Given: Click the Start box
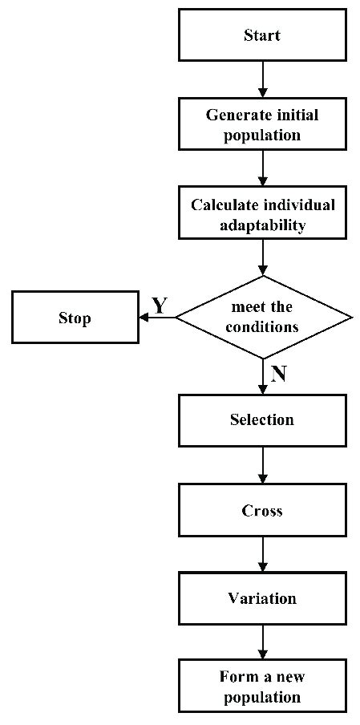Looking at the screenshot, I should [x=262, y=35].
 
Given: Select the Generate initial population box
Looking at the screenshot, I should [x=262, y=125].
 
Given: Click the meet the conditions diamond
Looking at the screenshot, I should [x=262, y=318].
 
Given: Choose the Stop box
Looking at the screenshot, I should [x=75, y=318].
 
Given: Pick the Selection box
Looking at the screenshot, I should [x=262, y=420].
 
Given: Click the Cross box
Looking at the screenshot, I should [x=262, y=510].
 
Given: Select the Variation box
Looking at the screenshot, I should [x=262, y=599].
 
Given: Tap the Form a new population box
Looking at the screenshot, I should [x=262, y=687].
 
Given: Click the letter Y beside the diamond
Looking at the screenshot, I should [x=160, y=305].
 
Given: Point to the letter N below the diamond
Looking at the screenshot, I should [x=278, y=374].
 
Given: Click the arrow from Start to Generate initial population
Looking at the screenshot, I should [x=262, y=79].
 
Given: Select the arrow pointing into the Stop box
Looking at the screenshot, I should [x=156, y=318].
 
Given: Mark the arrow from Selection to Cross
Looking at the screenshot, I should [x=262, y=465].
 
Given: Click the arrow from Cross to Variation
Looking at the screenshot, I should [x=262, y=554].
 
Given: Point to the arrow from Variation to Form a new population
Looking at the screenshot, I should [x=262, y=643].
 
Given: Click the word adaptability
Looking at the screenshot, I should [x=263, y=225].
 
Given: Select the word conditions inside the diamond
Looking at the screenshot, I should [x=262, y=327].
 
